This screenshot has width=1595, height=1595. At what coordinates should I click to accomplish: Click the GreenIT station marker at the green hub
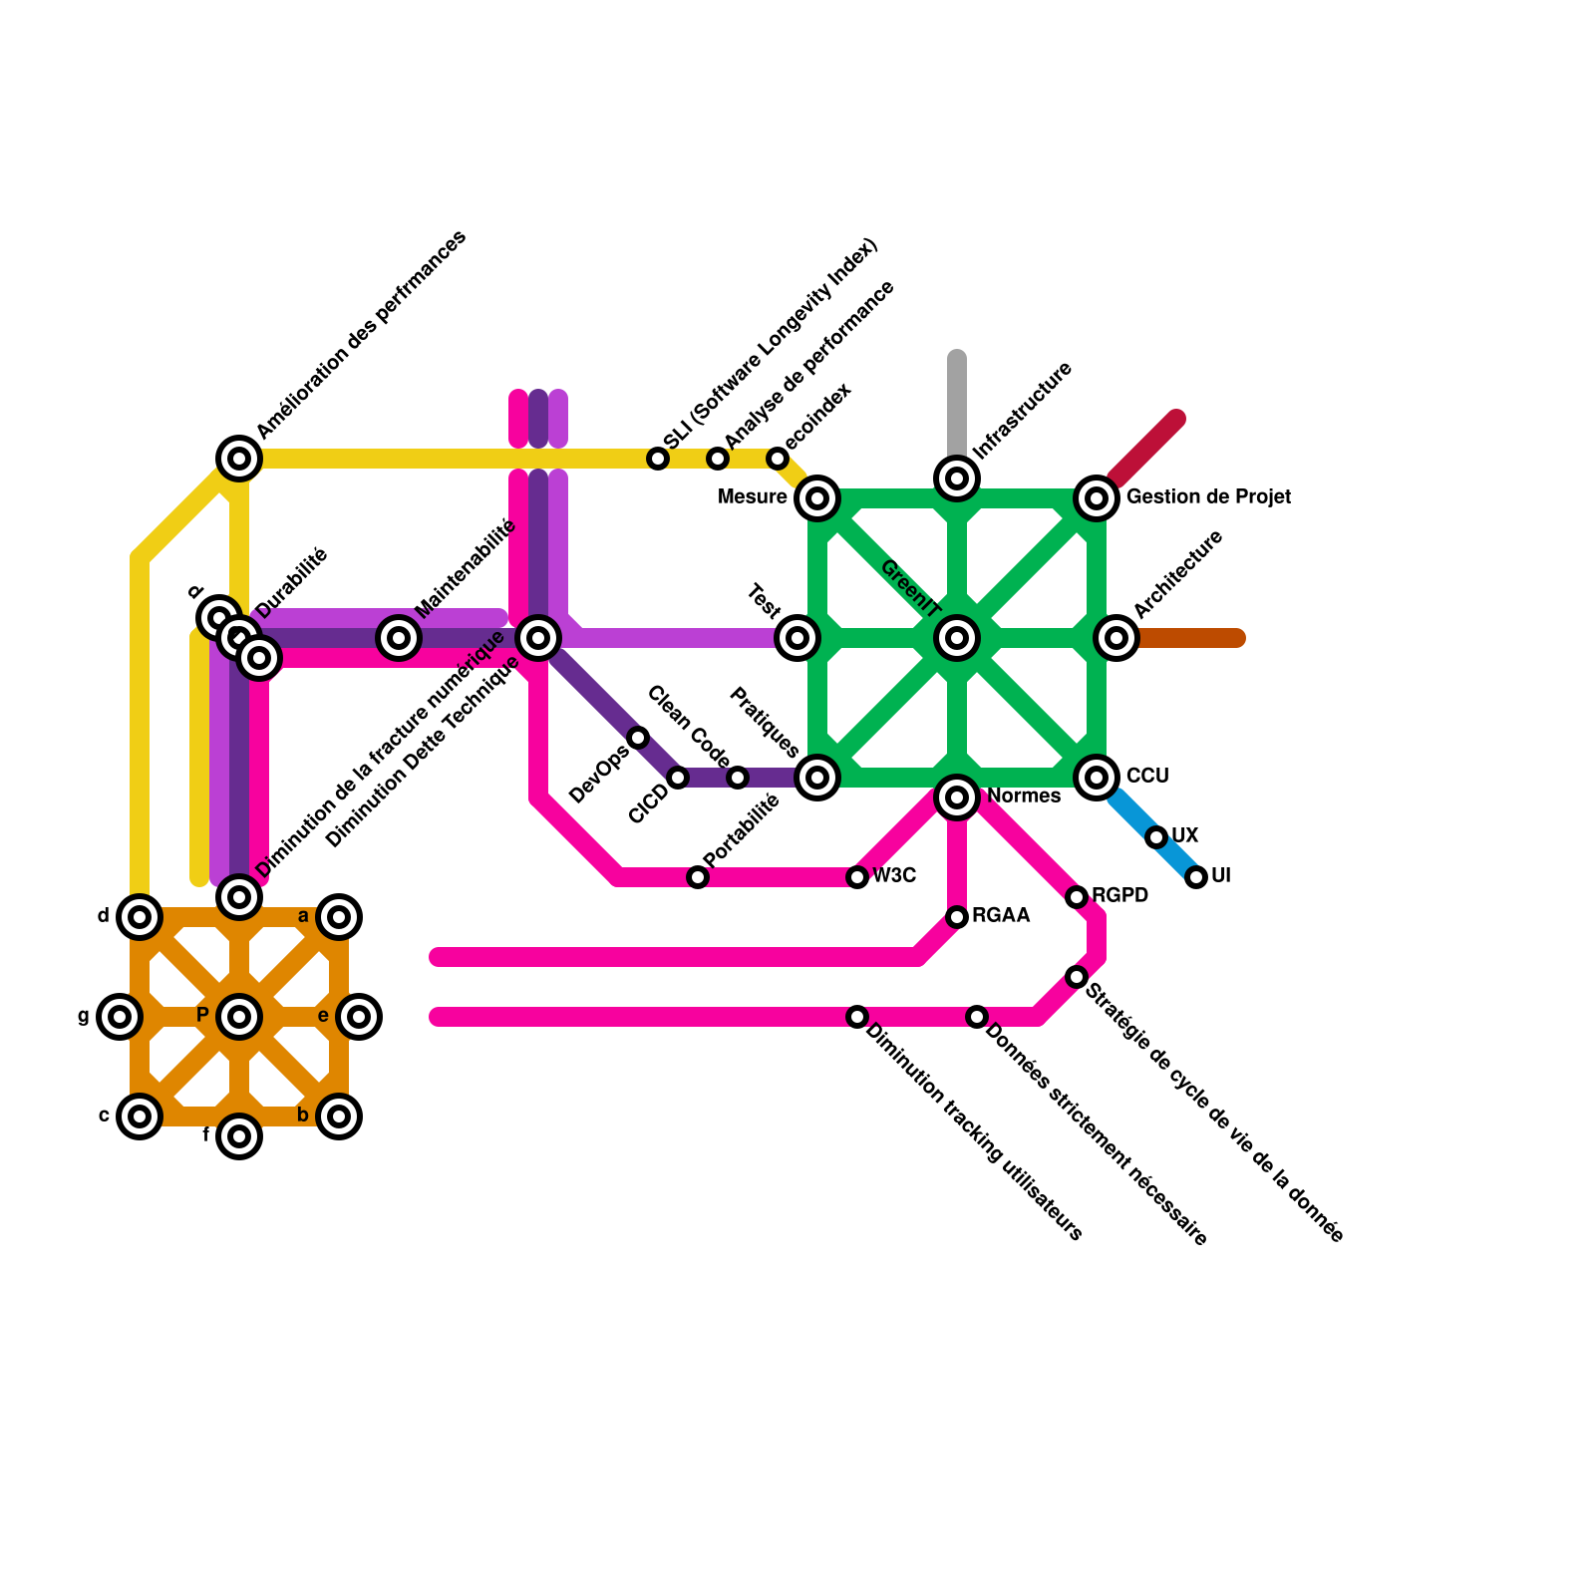pos(957,638)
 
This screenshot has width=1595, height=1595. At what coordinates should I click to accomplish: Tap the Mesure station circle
pos(817,497)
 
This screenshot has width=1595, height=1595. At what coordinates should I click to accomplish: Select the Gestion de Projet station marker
pos(1097,497)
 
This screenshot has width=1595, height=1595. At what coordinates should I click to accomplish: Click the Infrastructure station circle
pos(957,478)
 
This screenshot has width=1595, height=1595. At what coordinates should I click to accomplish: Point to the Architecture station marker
pos(1116,638)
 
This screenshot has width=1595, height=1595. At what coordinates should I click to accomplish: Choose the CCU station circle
pos(1097,777)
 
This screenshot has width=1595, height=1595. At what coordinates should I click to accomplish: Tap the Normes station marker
pos(957,797)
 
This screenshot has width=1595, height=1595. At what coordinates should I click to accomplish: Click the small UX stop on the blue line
pos(1156,837)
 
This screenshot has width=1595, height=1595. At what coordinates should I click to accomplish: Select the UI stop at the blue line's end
pos(1196,877)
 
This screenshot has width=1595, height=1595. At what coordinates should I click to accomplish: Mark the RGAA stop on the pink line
pos(957,917)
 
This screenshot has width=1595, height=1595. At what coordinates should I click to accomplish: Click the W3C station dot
pos(857,877)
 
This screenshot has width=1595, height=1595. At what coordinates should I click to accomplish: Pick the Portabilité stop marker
pos(698,877)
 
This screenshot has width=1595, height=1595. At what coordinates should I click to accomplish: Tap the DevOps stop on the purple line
pos(638,738)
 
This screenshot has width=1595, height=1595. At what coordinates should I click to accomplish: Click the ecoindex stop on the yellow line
pos(778,459)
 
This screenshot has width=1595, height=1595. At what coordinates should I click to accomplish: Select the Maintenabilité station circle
pos(399,637)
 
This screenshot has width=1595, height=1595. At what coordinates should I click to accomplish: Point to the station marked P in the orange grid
pos(239,1017)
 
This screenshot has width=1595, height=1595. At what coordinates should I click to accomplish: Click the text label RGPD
pos(1119,895)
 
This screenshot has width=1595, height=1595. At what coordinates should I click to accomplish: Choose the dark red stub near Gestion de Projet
pos(1146,449)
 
